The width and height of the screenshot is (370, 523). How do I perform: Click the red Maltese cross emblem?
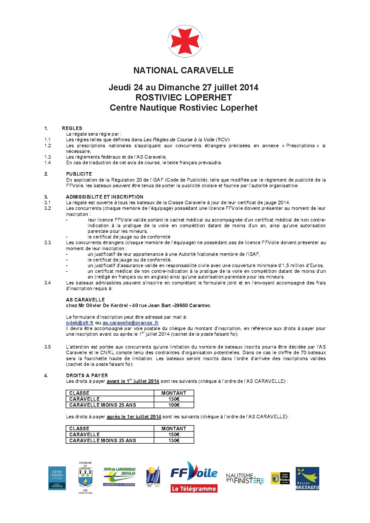pyautogui.click(x=185, y=41)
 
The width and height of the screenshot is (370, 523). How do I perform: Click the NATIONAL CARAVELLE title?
pyautogui.click(x=183, y=70)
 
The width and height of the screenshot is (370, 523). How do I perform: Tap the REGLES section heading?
pyautogui.click(x=72, y=129)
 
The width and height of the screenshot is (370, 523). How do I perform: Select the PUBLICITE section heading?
pyautogui.click(x=79, y=174)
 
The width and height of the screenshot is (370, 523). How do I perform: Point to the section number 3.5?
pyautogui.click(x=47, y=347)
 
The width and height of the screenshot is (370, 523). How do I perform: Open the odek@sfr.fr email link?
pyautogui.click(x=80, y=323)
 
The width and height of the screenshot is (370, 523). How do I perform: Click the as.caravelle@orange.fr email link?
pyautogui.click(x=130, y=323)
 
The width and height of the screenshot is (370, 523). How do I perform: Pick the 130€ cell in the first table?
pyautogui.click(x=174, y=399)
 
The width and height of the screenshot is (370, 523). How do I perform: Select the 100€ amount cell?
pyautogui.click(x=174, y=405)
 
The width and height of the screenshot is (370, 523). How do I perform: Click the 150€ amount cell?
pyautogui.click(x=174, y=434)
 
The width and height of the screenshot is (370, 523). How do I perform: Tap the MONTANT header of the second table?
pyautogui.click(x=174, y=428)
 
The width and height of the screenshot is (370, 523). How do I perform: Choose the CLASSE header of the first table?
pyautogui.click(x=79, y=393)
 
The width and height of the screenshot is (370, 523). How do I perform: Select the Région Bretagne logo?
pyautogui.click(x=307, y=479)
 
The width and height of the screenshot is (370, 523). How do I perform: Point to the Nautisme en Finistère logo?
pyautogui.click(x=245, y=478)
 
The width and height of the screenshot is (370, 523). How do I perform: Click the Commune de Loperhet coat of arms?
pyautogui.click(x=85, y=479)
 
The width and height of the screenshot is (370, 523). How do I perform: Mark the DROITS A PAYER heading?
pyautogui.click(x=87, y=376)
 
